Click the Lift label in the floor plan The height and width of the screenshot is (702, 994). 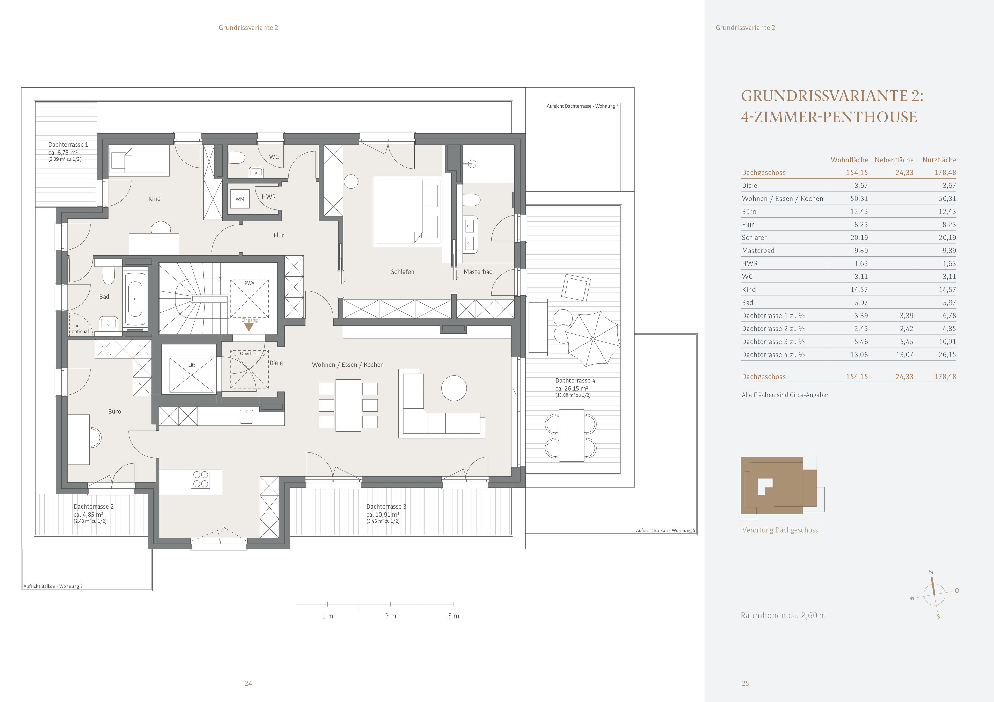pos(191,365)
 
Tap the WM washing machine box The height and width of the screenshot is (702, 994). pos(240,199)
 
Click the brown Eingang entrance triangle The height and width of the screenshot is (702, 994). pos(249,327)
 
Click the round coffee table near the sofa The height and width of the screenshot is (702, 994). pos(454,388)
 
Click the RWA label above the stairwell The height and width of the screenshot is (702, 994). pos(249,283)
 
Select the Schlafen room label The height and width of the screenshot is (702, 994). pos(402,272)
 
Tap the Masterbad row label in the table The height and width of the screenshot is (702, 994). pos(758,251)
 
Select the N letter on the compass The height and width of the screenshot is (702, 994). pos(931,572)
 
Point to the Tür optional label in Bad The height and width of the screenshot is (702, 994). pos(80,329)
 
